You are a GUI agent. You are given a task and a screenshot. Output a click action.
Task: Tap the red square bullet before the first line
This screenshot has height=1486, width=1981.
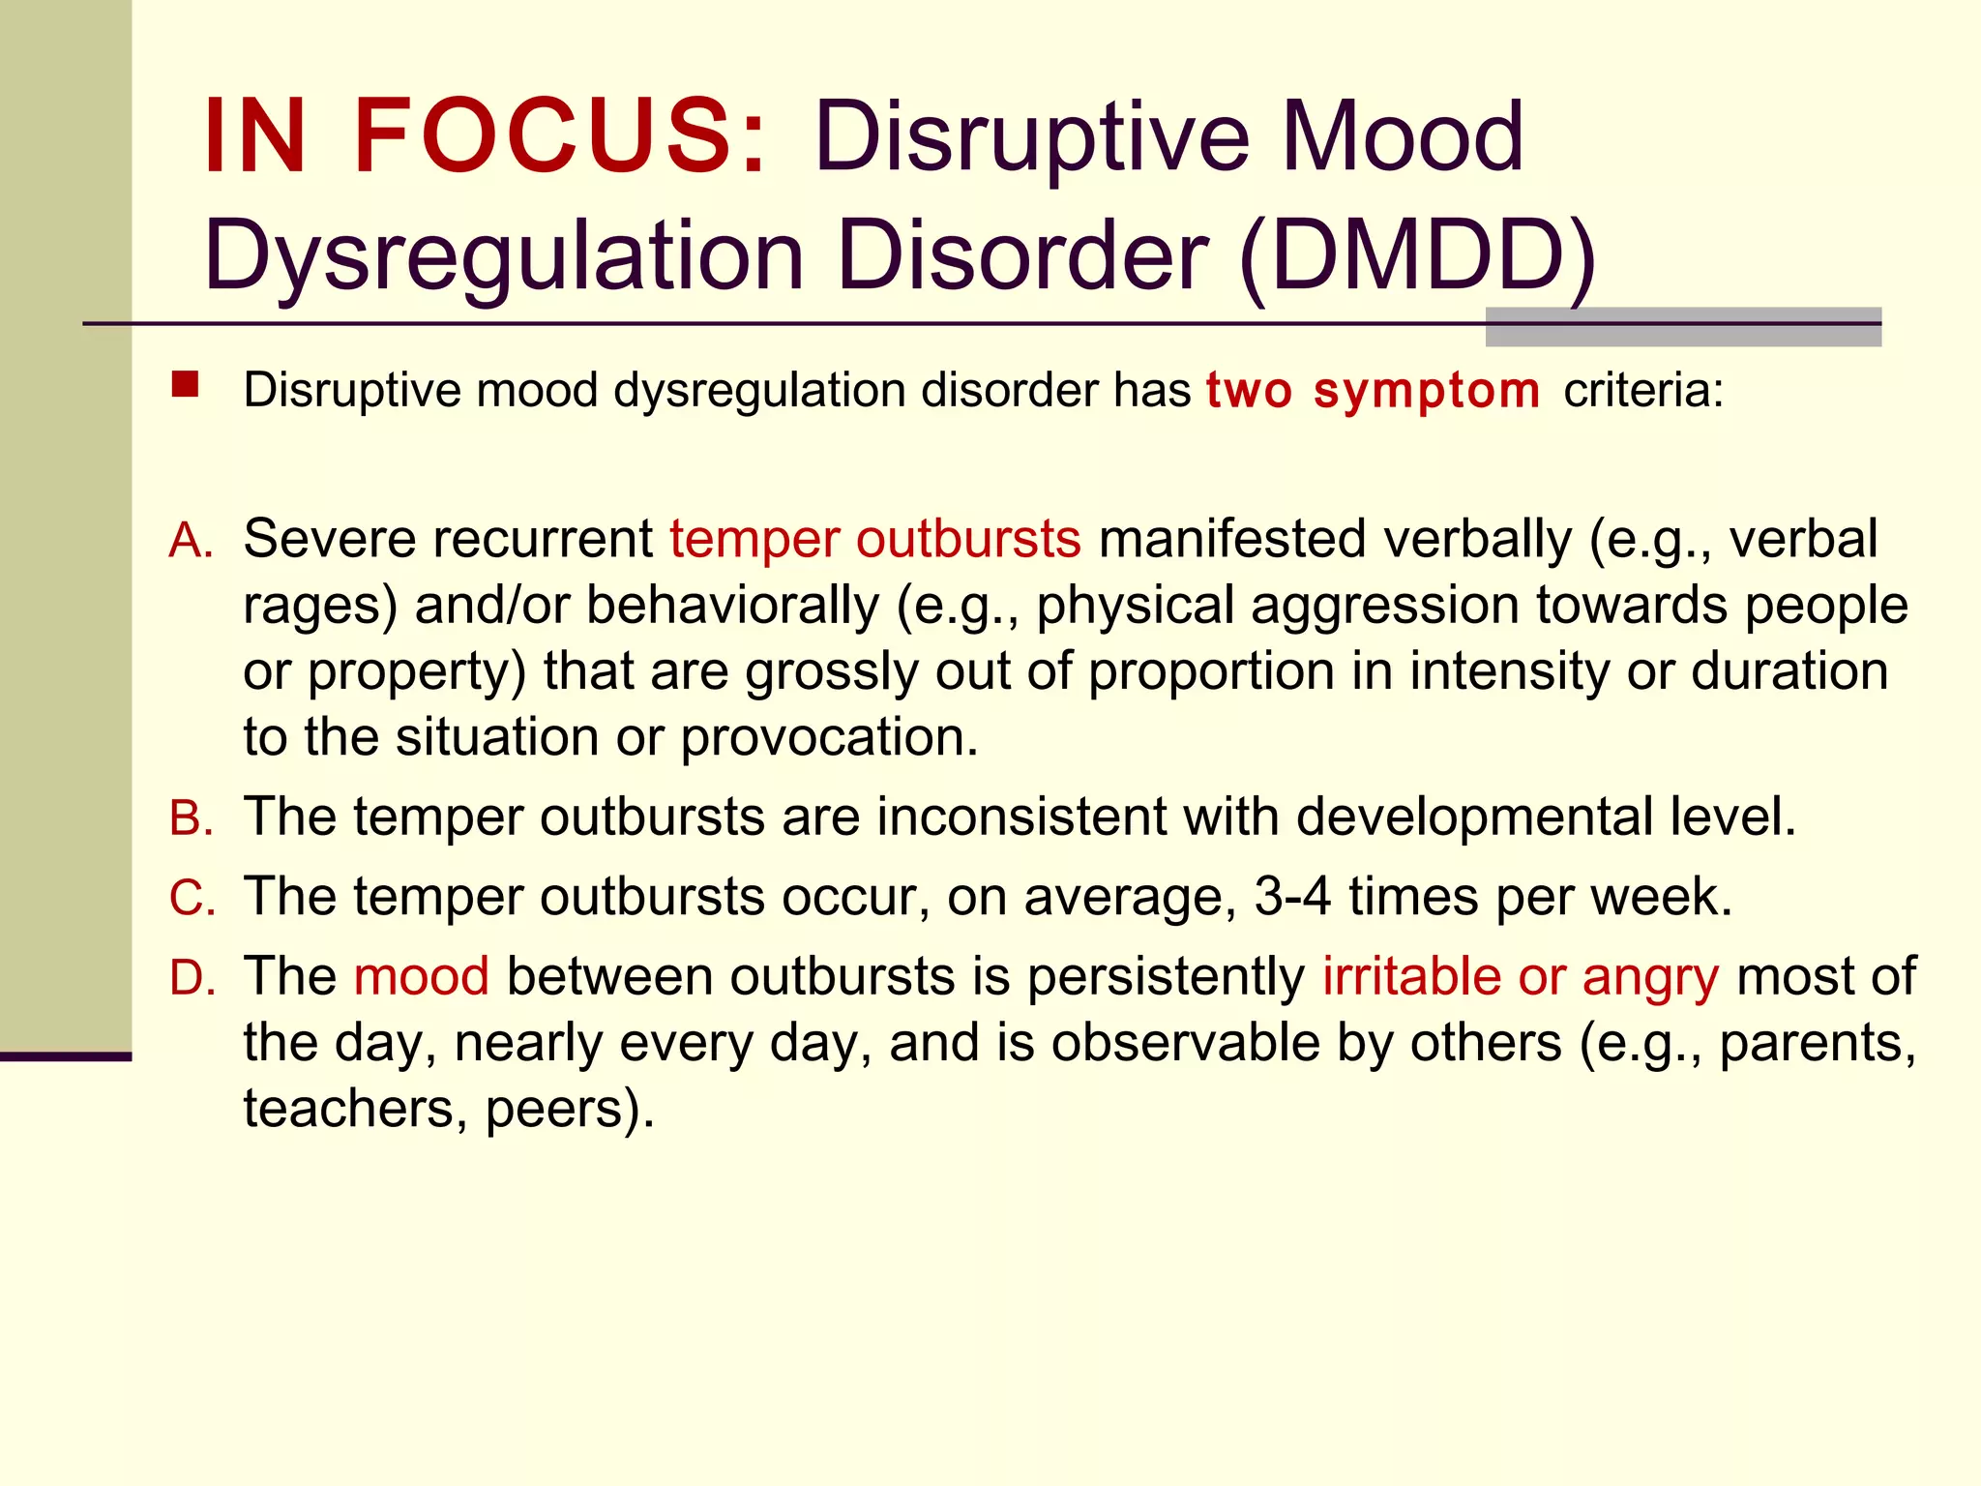[x=185, y=385]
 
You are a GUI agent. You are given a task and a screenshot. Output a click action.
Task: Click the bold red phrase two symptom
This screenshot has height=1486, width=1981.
[x=1373, y=391]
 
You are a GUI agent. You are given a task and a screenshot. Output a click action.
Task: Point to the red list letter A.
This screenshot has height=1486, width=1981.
[x=191, y=541]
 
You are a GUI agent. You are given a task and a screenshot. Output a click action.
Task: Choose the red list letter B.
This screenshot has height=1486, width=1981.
[x=191, y=818]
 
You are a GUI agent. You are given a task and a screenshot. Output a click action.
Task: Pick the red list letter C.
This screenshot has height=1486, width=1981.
[x=191, y=898]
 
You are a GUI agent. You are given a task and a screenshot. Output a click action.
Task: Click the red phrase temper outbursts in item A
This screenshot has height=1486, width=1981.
[x=874, y=540]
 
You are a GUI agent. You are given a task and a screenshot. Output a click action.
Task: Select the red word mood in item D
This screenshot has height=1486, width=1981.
[x=421, y=976]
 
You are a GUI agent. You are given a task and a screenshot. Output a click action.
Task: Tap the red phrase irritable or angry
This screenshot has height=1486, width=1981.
[x=1521, y=976]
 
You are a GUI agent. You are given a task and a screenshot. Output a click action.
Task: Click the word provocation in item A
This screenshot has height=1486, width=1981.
[x=828, y=738]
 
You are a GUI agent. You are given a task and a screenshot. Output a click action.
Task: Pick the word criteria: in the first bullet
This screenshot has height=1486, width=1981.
[x=1643, y=391]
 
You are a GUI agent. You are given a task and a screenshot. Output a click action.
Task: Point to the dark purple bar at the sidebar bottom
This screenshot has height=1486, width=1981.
[x=65, y=1056]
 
